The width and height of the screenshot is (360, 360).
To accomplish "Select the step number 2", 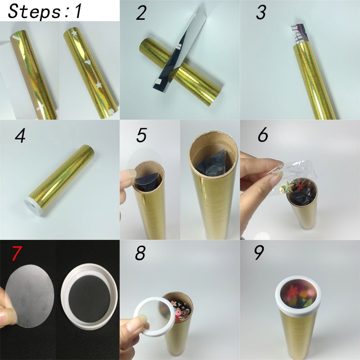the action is (x=141, y=13).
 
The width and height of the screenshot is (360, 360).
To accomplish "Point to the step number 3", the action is (x=261, y=13).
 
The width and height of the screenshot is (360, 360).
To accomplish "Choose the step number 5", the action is (x=141, y=135).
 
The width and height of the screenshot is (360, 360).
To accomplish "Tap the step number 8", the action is (x=140, y=253).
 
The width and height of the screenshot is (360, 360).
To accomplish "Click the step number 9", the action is (x=259, y=252).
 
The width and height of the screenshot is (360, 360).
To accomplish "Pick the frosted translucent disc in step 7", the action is (x=29, y=296).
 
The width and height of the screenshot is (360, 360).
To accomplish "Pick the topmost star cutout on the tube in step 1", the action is (x=74, y=33).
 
